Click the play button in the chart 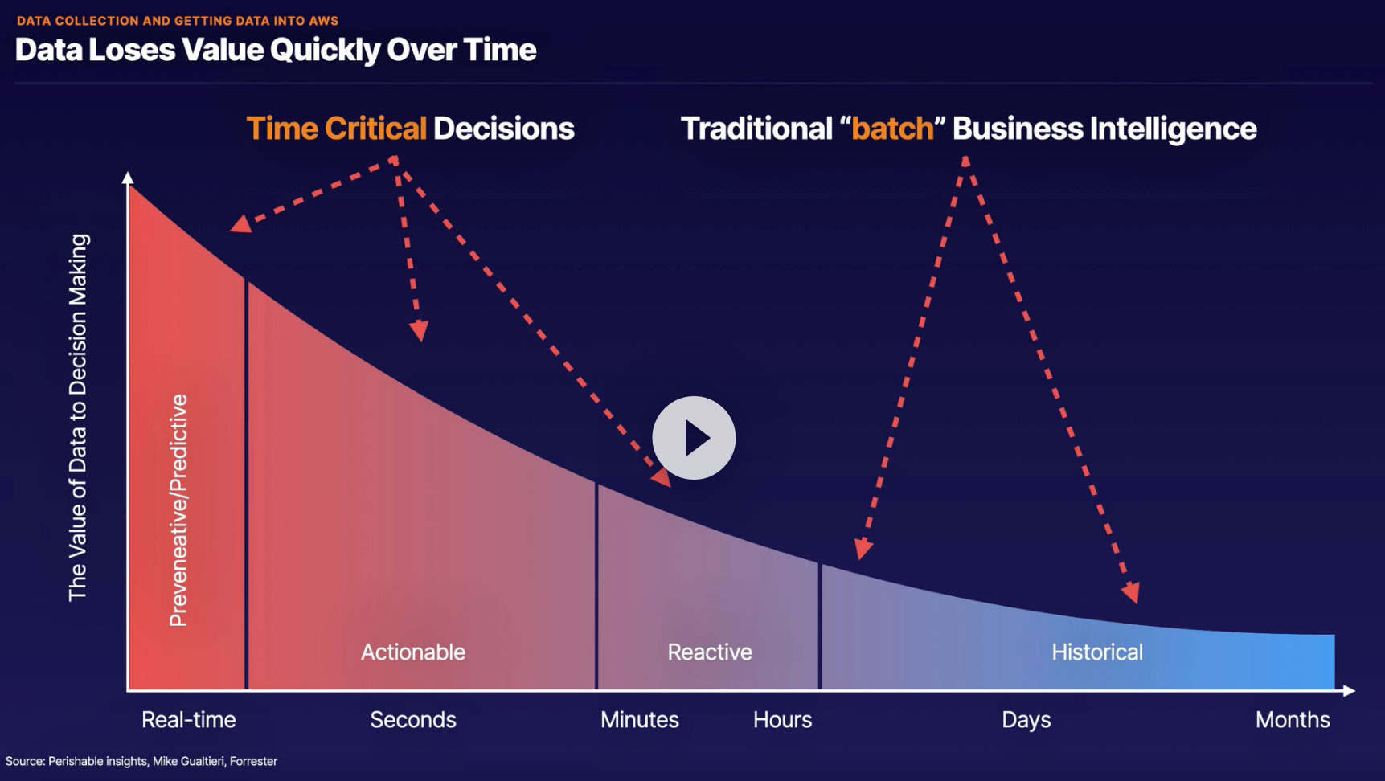(694, 438)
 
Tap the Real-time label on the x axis (189, 720)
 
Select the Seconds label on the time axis (413, 720)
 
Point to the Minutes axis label (640, 720)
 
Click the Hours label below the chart (783, 720)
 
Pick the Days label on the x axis (1026, 721)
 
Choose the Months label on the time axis (1293, 720)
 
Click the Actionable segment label (413, 652)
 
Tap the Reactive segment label (710, 652)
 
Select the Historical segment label (1097, 652)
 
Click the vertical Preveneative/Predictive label (178, 510)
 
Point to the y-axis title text (78, 418)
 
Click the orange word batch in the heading (892, 129)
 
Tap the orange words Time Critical (336, 129)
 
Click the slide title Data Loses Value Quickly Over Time (276, 50)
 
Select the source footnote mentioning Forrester (141, 761)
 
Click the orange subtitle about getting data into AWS (178, 21)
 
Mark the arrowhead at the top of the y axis (128, 178)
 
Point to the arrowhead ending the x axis (1349, 691)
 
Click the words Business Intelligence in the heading (1104, 129)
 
